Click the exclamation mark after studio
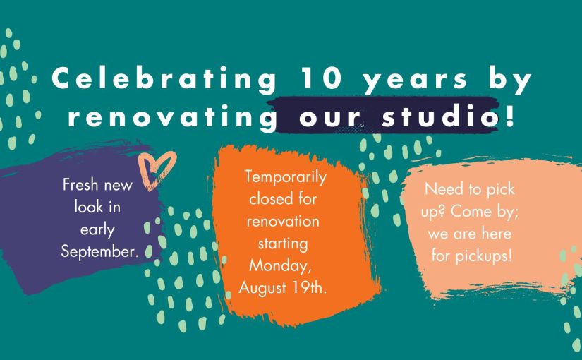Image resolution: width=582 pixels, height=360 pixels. tap(510, 115)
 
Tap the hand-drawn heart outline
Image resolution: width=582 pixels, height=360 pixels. tap(157, 169)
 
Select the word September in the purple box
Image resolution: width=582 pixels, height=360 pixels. tap(99, 252)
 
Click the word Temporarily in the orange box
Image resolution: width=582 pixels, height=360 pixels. tap(286, 178)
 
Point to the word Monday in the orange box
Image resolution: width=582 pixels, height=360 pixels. tap(280, 266)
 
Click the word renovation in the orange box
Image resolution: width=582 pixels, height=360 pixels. tap(283, 222)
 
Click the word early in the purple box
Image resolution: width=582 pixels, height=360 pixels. tap(97, 231)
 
